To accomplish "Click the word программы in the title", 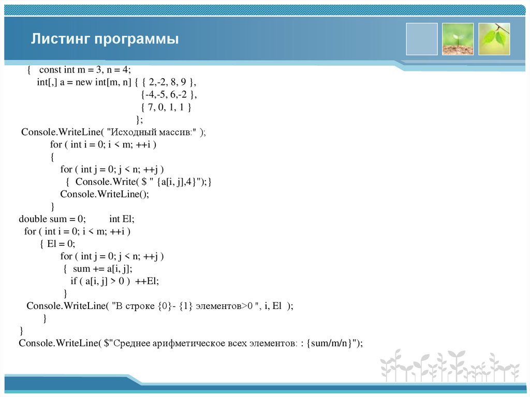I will pyautogui.click(x=136, y=39).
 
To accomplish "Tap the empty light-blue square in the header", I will pyautogui.click(x=421, y=39).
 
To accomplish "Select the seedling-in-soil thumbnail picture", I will pyautogui.click(x=458, y=39).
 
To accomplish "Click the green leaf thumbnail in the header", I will pyautogui.click(x=494, y=39).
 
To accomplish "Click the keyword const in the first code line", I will pyautogui.click(x=50, y=70).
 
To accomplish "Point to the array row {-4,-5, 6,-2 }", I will pyautogui.click(x=169, y=95).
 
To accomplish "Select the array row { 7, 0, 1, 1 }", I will pyautogui.click(x=167, y=107).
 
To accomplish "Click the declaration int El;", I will pyautogui.click(x=122, y=219).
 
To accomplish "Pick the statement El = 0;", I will pyautogui.click(x=61, y=244).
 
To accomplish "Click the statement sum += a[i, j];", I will pyautogui.click(x=102, y=269).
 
